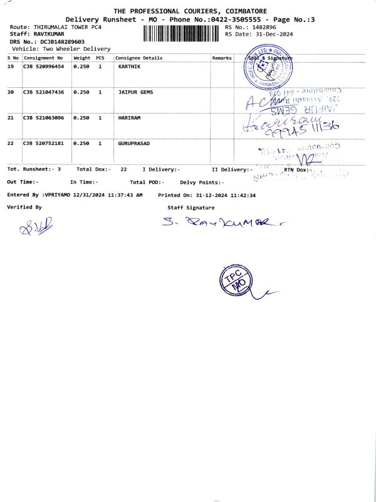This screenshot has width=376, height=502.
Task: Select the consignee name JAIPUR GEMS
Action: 135,92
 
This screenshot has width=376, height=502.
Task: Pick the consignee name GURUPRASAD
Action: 135,144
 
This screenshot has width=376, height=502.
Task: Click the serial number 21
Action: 11,118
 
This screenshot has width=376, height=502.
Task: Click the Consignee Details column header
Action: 138,58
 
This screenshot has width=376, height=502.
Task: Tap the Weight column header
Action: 82,58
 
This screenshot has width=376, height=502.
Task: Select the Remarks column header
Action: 222,58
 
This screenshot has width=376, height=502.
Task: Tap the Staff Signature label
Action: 191,207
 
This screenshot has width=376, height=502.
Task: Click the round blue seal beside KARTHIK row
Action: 264,68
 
